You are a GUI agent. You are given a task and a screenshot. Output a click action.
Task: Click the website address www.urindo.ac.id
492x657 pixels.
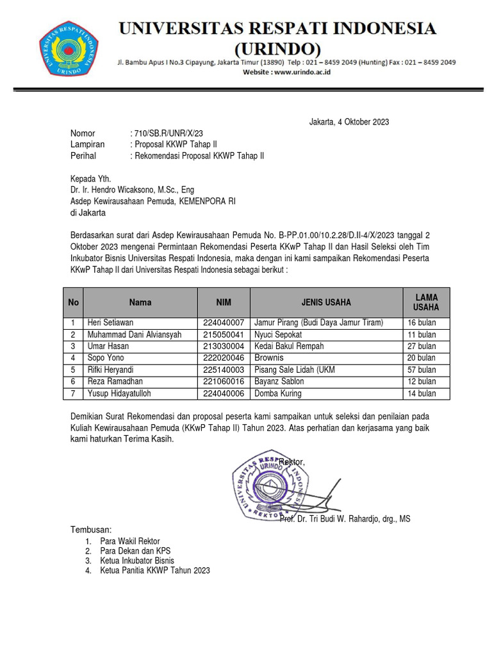click(286, 74)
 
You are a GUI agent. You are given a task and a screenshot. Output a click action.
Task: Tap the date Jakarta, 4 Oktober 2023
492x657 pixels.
click(348, 122)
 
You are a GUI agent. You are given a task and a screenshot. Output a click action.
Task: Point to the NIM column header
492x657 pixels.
click(224, 302)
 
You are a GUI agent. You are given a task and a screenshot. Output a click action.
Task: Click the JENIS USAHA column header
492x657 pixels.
click(326, 302)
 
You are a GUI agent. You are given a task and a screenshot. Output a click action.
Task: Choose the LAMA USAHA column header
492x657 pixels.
click(426, 302)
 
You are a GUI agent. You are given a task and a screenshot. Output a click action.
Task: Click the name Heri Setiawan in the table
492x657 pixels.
click(111, 323)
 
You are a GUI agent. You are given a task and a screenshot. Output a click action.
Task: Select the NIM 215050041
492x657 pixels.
click(224, 335)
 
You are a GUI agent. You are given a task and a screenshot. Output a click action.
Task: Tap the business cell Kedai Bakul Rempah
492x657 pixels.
click(289, 346)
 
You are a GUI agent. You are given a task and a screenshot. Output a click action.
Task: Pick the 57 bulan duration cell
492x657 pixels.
click(422, 370)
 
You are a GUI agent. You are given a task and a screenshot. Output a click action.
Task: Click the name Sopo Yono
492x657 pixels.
click(106, 358)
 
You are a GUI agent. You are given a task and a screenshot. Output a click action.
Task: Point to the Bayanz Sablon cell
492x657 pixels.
click(279, 382)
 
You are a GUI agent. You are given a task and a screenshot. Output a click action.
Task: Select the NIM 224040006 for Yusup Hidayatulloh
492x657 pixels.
click(224, 393)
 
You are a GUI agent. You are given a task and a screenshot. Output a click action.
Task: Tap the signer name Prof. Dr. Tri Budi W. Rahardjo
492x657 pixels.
click(345, 519)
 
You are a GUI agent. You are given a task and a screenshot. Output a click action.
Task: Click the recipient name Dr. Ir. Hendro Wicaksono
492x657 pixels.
click(132, 190)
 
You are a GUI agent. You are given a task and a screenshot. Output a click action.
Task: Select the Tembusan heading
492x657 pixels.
click(90, 530)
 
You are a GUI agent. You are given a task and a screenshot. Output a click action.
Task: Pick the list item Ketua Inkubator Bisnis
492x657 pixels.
click(137, 561)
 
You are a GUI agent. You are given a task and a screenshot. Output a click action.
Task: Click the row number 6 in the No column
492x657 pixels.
click(74, 382)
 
